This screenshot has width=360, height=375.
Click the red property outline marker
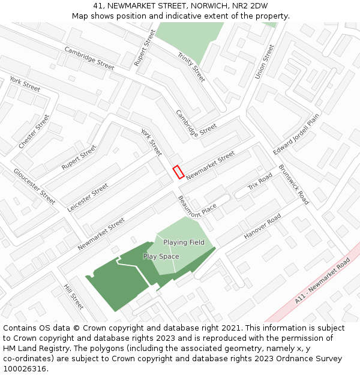point(178,172)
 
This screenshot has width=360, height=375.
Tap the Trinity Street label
point(191,67)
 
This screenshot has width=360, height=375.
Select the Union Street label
point(264,61)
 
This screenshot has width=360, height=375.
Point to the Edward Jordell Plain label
point(296,134)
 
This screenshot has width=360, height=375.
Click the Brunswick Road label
point(293,185)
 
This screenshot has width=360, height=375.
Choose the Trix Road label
point(260,182)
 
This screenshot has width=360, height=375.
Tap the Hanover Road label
point(262,227)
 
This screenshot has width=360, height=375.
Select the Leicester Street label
point(88,197)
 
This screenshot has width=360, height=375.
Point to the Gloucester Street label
point(35,186)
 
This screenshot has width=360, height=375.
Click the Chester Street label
point(34,132)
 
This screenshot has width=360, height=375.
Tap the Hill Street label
point(73,296)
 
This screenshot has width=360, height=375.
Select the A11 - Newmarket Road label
point(322,281)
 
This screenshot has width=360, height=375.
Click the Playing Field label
point(184,242)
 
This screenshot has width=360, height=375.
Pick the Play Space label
point(161,257)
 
